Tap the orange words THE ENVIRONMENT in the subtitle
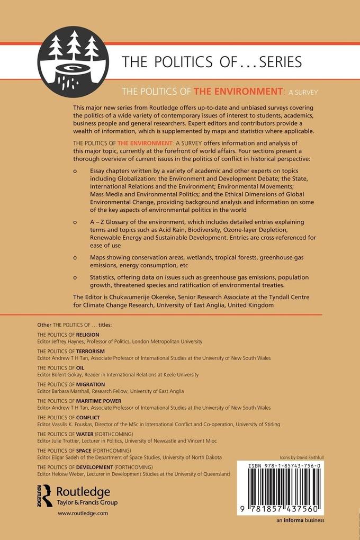click(237, 91)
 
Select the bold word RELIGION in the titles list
click(87, 335)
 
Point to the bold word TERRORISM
click(90, 352)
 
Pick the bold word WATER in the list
click(85, 434)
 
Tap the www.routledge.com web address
click(83, 513)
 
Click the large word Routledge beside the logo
click(83, 491)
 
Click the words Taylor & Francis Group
click(86, 502)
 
